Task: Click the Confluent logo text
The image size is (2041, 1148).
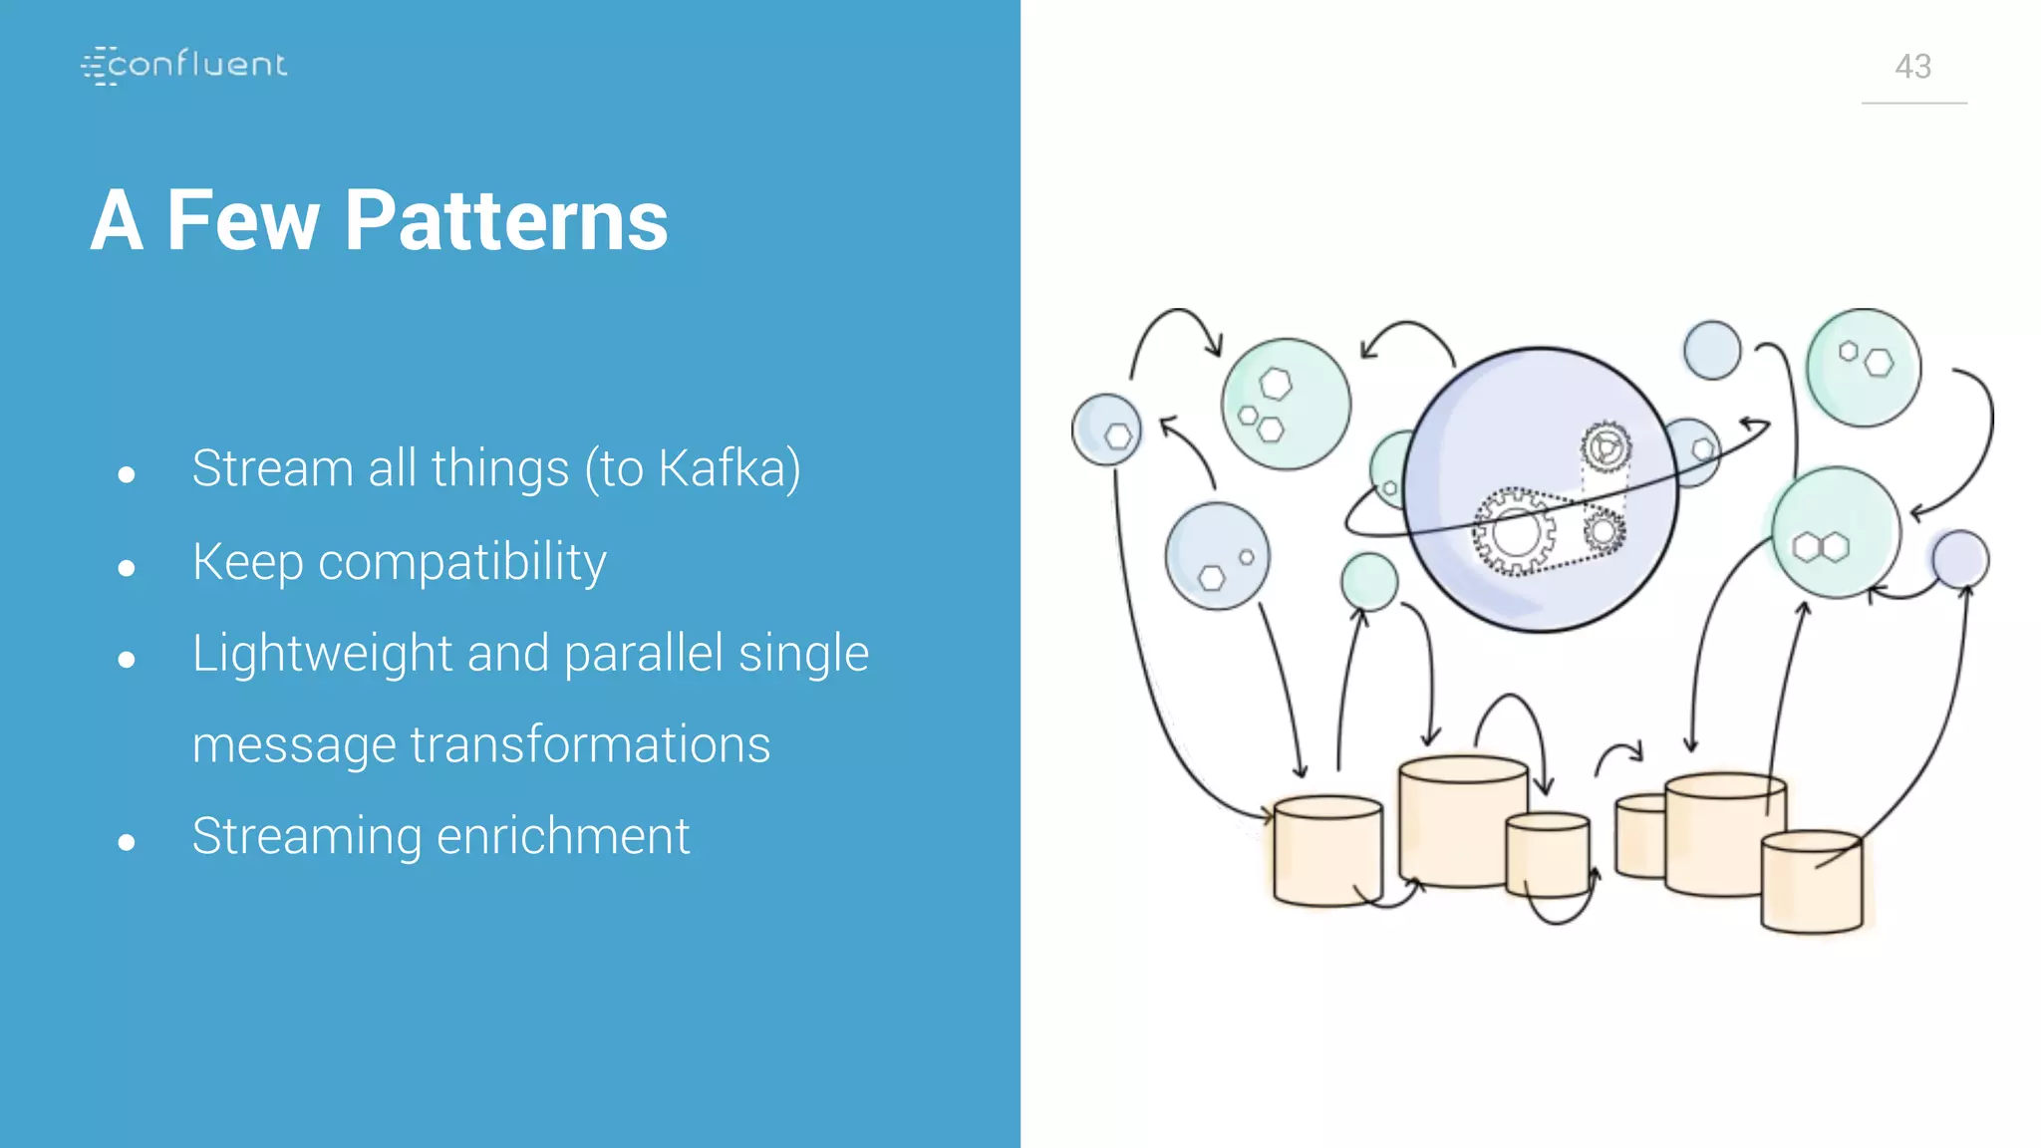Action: [x=196, y=65]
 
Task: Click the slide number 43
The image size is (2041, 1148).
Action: [x=1912, y=67]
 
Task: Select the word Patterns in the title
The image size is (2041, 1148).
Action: [x=506, y=220]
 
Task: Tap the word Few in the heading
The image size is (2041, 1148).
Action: [x=242, y=220]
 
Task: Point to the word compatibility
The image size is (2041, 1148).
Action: [x=462, y=562]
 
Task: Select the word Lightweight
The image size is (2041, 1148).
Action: [x=322, y=654]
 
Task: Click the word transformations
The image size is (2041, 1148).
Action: [x=590, y=744]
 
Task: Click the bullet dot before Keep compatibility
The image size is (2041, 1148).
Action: [x=126, y=568]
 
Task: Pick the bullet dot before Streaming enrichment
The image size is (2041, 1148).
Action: [x=126, y=842]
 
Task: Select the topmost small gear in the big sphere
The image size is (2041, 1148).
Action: [x=1605, y=447]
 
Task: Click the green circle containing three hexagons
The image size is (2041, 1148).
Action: [x=1286, y=404]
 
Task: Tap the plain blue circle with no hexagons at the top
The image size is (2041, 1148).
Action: [x=1712, y=350]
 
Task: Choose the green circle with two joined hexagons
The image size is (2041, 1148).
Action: [x=1835, y=533]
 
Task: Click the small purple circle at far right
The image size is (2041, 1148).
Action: [x=1959, y=558]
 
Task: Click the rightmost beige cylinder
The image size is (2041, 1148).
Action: [x=1812, y=882]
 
